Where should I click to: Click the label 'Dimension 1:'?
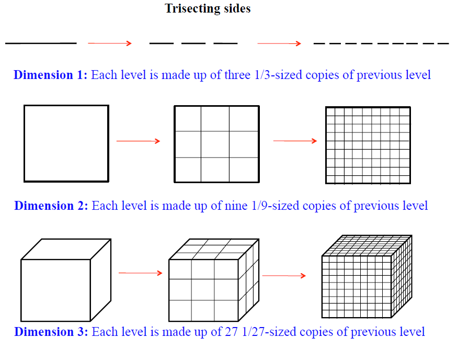51,75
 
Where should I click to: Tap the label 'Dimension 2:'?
51,206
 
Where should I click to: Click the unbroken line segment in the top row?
41,43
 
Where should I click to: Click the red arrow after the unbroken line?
110,43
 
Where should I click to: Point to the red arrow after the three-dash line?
279,43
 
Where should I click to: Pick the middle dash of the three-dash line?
193,43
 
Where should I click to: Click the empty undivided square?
66,143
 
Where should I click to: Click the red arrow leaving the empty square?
138,141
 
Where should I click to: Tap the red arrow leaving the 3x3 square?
295,141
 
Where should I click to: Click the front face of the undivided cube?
55,290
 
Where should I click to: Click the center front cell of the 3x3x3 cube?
203,290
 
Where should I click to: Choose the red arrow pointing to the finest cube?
284,276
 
